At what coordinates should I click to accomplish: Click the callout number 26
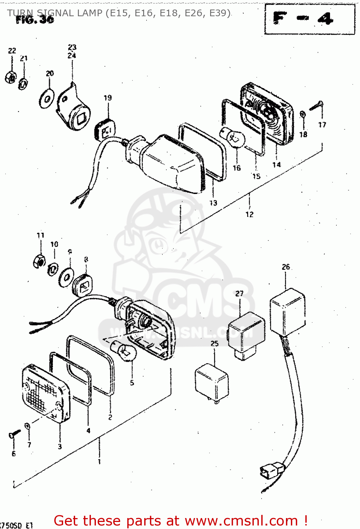286,267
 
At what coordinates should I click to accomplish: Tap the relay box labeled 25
211,383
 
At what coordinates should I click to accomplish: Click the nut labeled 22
11,77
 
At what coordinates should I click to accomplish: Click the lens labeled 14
268,113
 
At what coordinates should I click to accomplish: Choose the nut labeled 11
39,261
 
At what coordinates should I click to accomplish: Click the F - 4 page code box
309,19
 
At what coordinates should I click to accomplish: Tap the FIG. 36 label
35,20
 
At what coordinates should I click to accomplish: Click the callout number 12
249,214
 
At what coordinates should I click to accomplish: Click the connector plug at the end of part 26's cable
271,471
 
